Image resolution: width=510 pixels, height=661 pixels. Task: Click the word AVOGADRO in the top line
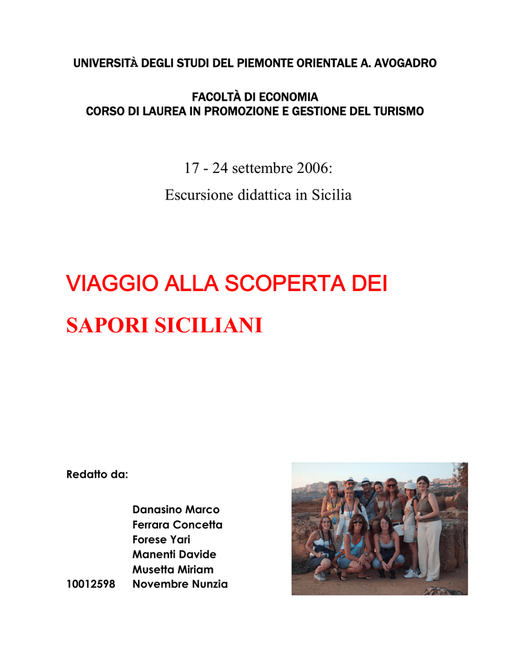tap(404, 63)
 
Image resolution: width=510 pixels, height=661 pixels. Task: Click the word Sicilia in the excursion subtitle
tap(331, 194)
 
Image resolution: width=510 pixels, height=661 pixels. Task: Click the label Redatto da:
tap(97, 474)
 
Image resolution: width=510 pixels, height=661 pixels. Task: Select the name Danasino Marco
tap(175, 510)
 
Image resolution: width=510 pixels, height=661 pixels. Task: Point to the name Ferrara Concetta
tap(177, 525)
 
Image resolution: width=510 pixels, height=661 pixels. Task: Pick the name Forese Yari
tap(161, 540)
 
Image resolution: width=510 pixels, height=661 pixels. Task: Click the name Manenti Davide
tap(173, 554)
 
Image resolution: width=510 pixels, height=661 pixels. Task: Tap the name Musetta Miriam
tap(172, 569)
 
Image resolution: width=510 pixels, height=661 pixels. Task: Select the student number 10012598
tap(91, 584)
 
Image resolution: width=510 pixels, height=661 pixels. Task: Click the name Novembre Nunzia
tap(179, 584)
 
